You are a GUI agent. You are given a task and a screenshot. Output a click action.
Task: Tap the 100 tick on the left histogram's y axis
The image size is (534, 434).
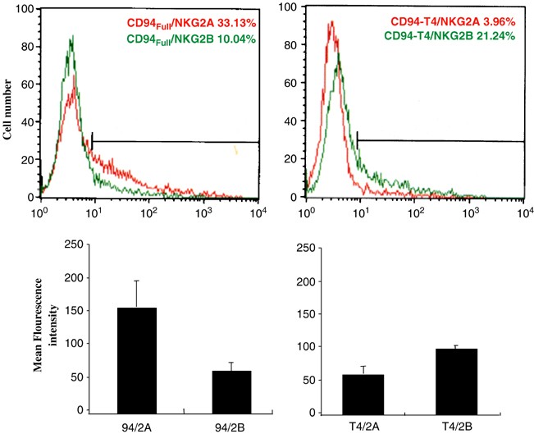(24, 11)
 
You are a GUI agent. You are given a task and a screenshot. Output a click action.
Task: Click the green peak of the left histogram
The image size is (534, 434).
(72, 37)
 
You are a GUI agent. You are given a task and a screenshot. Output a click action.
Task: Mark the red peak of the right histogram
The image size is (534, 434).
(331, 24)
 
